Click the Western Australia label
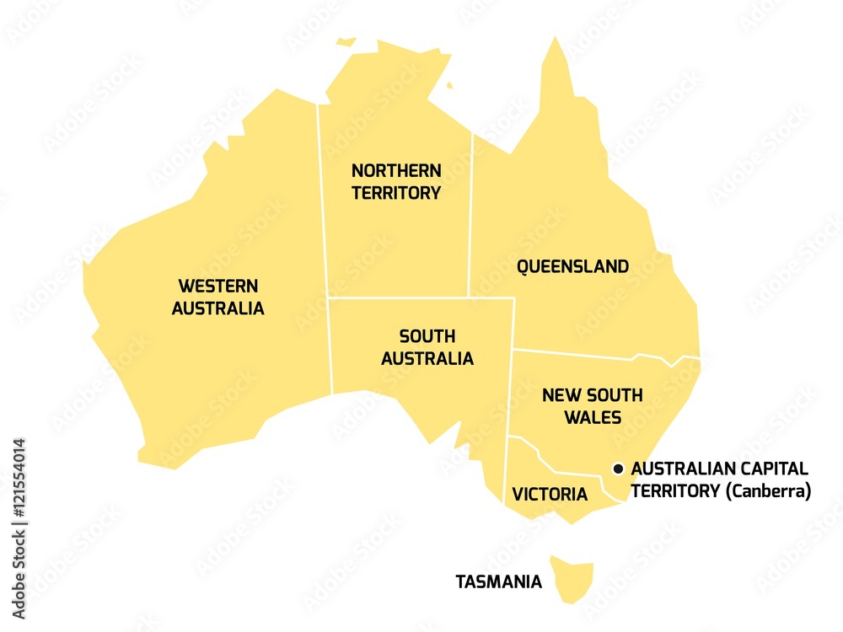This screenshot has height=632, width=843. point(217,297)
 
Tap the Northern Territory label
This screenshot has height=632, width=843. point(396,181)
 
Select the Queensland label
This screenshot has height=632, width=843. point(572,267)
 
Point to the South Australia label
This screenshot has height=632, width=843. point(427,347)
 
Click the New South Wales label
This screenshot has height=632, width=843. point(592,405)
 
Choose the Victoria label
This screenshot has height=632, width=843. point(550,495)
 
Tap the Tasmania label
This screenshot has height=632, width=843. point(498,581)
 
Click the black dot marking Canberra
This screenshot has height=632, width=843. point(618,469)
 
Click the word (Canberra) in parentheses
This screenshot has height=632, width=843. point(768,490)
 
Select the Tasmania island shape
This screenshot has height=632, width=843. point(572,577)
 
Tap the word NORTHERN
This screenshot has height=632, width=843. point(396,170)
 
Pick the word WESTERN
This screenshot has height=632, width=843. point(217,286)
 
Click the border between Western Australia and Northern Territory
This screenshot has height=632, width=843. point(322,202)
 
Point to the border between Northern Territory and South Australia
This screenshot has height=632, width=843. point(396,297)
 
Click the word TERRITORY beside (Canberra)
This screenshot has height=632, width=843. point(675,490)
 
